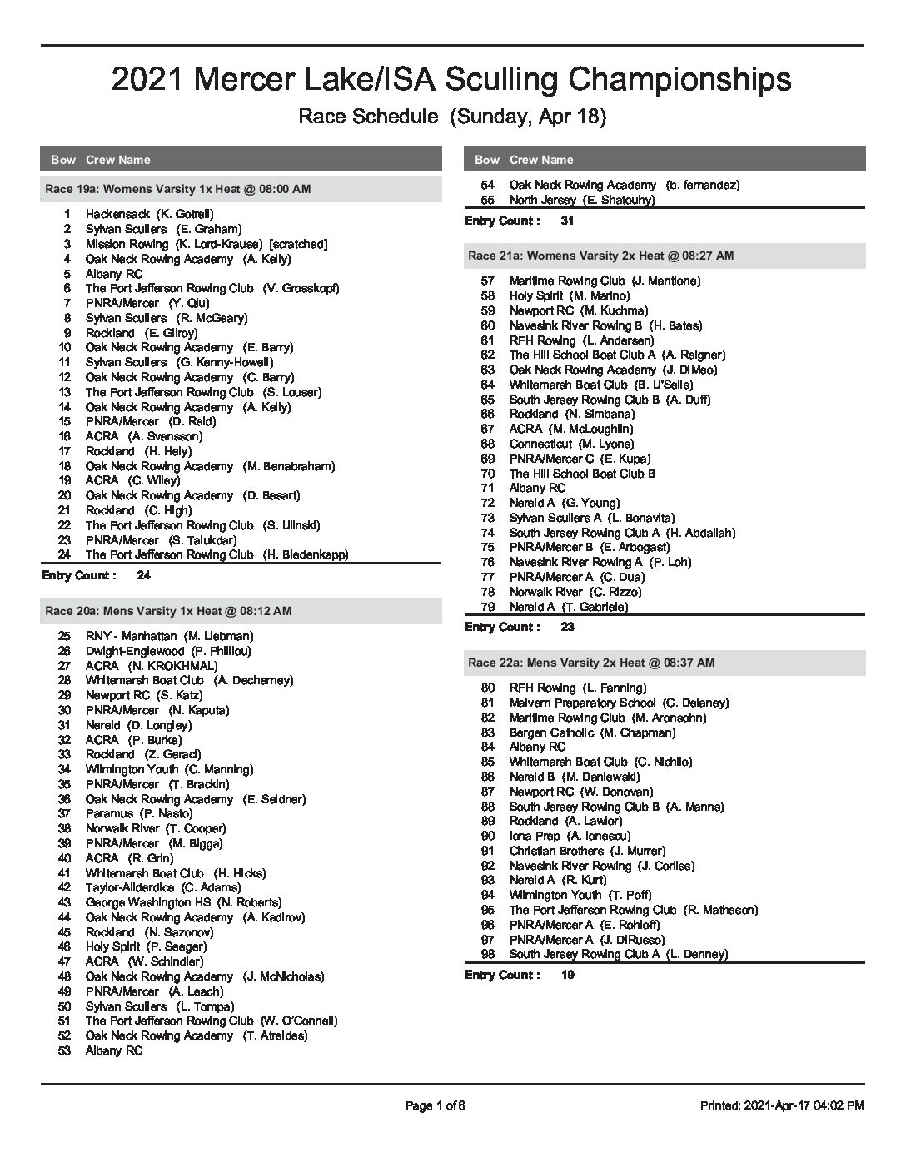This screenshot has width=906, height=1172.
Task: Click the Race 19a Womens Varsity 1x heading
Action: [177, 189]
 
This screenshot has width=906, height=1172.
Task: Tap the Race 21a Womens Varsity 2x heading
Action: [600, 256]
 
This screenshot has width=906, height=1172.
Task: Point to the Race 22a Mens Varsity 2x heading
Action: [591, 663]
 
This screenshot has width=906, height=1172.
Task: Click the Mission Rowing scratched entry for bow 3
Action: [206, 244]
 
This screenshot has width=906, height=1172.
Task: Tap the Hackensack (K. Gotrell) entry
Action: [149, 214]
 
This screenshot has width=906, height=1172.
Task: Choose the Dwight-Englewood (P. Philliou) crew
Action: [167, 651]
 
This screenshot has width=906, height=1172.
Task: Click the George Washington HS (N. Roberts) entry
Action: [183, 902]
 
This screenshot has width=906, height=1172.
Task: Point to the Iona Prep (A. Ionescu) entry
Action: [570, 836]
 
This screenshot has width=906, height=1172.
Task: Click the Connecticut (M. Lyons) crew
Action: [571, 444]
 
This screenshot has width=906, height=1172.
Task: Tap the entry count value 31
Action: [567, 221]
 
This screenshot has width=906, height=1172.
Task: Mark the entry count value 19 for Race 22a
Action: [567, 975]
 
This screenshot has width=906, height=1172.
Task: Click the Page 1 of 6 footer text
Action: [435, 1105]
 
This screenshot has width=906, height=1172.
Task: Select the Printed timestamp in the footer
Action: [781, 1105]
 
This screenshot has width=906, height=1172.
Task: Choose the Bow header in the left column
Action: [63, 160]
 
